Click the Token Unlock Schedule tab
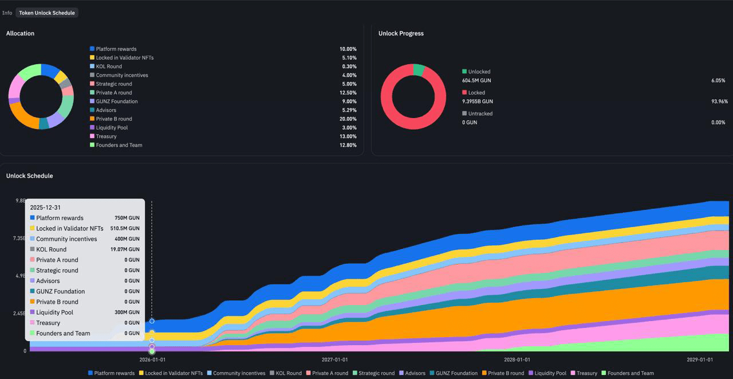47,13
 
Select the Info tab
7,13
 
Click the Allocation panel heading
20,33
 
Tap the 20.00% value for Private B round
348,119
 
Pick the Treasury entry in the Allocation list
106,136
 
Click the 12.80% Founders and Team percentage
348,145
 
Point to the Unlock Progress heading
401,33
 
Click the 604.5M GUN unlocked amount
476,80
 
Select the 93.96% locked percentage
718,101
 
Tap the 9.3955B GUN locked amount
477,101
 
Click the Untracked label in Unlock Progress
480,114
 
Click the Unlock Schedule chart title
29,175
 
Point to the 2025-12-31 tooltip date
45,208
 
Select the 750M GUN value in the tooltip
127,218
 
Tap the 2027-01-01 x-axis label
334,360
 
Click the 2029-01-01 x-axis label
700,360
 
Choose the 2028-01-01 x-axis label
517,360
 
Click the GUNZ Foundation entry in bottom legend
456,373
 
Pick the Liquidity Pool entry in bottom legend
550,373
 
